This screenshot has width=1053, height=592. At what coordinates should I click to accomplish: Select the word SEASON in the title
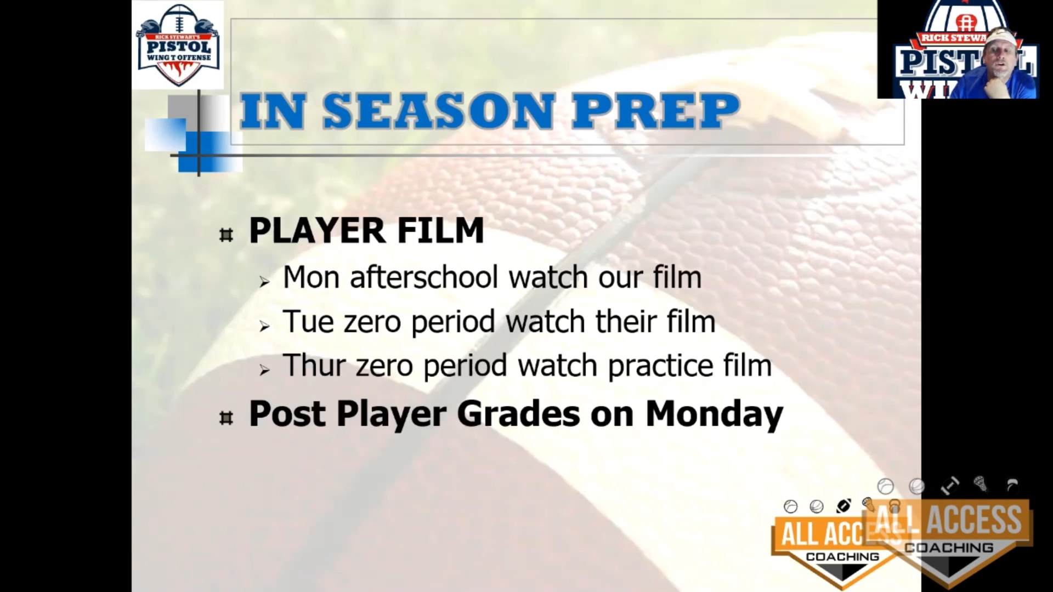438,111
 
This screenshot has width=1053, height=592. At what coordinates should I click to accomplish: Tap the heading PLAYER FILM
366,231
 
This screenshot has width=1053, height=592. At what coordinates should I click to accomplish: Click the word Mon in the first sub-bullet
313,277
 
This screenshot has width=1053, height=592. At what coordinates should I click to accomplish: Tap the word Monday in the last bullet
715,414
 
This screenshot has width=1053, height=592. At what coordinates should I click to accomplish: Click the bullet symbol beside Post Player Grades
226,418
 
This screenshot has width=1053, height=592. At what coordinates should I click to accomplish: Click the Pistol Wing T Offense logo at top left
178,45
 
